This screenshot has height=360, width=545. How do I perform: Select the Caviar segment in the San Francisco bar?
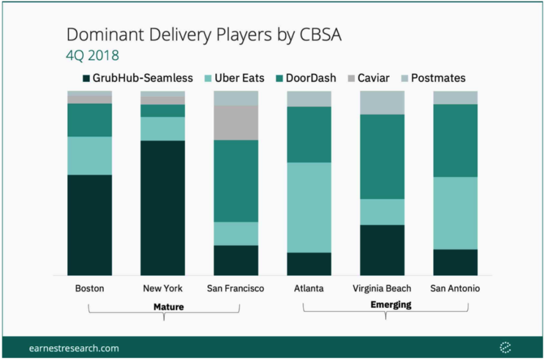tap(236, 123)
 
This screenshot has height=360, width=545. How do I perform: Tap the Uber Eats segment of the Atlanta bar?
tap(309, 207)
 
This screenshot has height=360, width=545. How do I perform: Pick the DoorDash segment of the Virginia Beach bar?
tap(382, 156)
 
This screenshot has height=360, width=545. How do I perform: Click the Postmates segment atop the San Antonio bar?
tap(455, 97)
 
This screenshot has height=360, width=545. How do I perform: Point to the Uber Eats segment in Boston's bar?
tap(90, 155)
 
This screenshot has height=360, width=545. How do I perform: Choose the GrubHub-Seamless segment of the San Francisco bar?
tap(236, 260)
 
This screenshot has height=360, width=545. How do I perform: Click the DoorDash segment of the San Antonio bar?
tap(455, 140)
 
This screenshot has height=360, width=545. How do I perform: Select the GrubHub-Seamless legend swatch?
tap(86, 78)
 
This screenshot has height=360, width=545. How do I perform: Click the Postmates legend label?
tap(438, 78)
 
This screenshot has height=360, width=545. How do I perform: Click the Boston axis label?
tap(90, 288)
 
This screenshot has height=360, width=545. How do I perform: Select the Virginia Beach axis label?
tap(382, 288)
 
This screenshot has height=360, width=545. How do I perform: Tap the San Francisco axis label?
tap(236, 288)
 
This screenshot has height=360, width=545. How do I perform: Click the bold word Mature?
tap(169, 307)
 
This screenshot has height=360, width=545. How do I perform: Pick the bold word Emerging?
tap(391, 305)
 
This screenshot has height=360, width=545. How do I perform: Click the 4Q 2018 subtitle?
tap(92, 55)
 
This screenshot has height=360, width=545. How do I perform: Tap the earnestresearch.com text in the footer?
tap(74, 348)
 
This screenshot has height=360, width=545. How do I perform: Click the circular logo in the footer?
tap(505, 347)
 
